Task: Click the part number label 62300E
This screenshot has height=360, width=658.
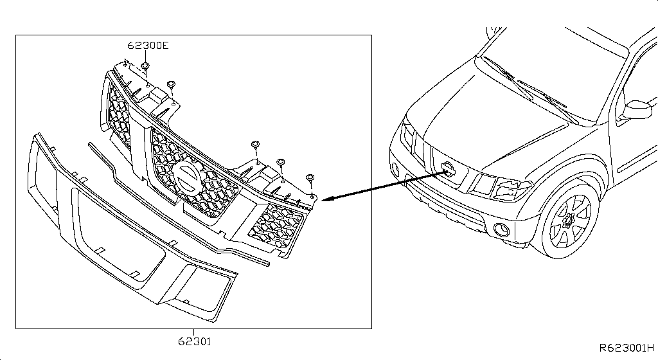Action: [x=148, y=45]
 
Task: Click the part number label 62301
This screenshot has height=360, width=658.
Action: [x=194, y=341]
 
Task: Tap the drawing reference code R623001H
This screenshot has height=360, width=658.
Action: [x=627, y=348]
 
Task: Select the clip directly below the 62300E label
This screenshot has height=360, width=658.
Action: [x=145, y=66]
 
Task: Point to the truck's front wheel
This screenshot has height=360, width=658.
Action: [x=568, y=220]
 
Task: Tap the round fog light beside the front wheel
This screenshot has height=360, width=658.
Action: [x=502, y=230]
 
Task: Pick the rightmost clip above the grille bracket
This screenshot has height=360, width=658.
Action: [x=310, y=178]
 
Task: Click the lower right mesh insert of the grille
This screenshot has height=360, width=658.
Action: [x=276, y=226]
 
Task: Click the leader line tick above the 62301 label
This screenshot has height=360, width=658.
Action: [x=194, y=332]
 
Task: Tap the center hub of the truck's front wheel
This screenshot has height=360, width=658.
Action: [x=570, y=221]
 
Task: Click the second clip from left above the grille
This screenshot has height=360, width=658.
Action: [x=171, y=84]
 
